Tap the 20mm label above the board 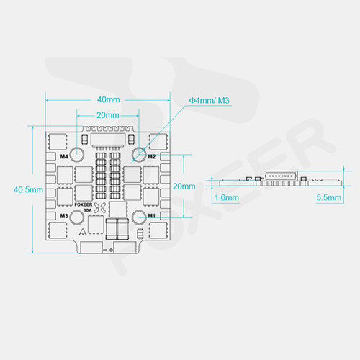107,115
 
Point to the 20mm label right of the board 184,186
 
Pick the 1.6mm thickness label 228,197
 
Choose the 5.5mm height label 328,197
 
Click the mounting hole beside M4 79,155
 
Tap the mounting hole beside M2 137,155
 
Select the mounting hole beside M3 79,215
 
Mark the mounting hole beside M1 137,215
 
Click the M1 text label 151,215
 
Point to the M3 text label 64,215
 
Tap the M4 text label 64,156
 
